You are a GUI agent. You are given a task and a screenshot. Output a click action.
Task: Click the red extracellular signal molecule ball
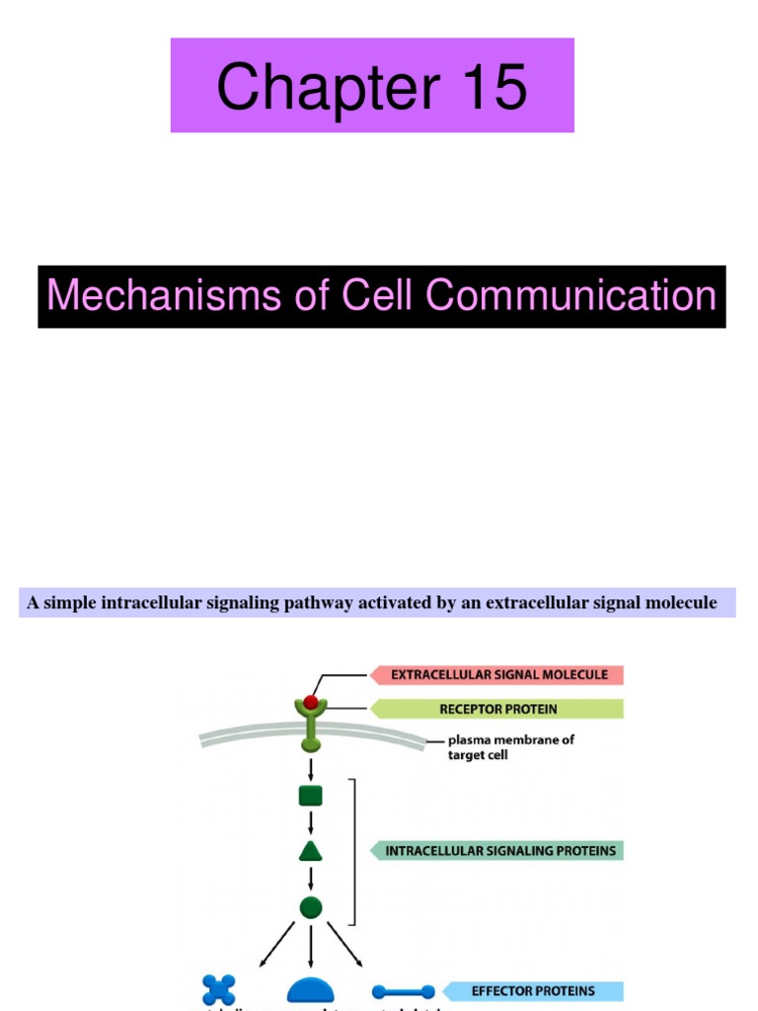click(x=311, y=702)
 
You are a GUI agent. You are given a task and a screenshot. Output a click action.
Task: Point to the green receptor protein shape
click(x=311, y=727)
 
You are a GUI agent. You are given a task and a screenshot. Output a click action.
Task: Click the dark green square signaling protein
click(x=311, y=796)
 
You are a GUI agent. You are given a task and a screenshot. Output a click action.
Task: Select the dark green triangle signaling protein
click(x=311, y=851)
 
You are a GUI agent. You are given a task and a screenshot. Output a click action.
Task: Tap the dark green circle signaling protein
click(x=311, y=907)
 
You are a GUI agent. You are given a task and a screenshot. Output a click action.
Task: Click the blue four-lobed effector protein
click(x=219, y=990)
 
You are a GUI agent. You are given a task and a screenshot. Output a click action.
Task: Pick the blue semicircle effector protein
click(x=311, y=992)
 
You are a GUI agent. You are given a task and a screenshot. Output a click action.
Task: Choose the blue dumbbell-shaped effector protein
click(x=403, y=991)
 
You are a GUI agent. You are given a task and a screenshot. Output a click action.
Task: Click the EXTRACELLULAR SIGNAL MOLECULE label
click(x=498, y=675)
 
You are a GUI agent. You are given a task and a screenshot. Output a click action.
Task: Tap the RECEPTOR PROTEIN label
click(x=498, y=709)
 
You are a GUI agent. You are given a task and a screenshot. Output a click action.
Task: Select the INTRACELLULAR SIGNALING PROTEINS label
click(x=499, y=850)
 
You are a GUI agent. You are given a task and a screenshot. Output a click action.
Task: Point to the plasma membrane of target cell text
click(x=509, y=747)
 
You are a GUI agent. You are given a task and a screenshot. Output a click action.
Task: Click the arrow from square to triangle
click(x=311, y=823)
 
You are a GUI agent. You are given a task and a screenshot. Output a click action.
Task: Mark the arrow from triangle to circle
click(x=311, y=879)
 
